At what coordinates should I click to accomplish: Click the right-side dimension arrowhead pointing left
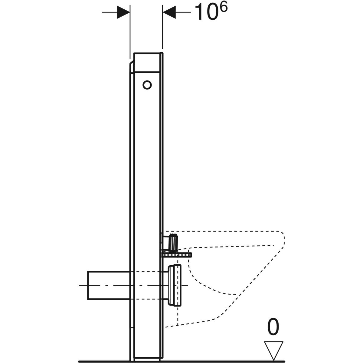[170, 12]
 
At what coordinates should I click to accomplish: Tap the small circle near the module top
[147, 85]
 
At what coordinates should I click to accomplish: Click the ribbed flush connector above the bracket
[173, 241]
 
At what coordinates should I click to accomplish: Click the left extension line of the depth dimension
[130, 30]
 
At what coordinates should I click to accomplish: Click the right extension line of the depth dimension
[163, 30]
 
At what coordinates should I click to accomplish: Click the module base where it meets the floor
[147, 359]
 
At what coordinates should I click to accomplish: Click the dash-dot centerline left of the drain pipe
[83, 286]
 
